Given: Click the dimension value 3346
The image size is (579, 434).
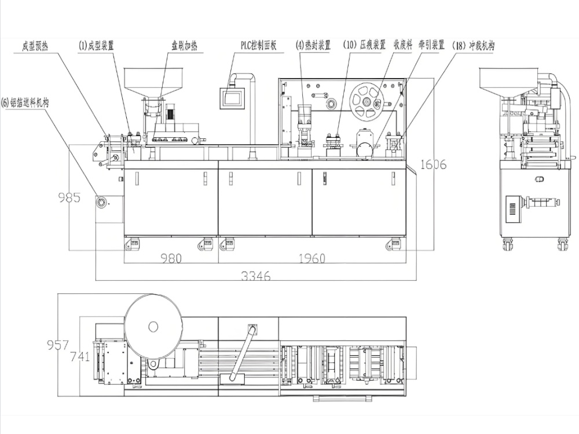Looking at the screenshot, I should tap(256, 276).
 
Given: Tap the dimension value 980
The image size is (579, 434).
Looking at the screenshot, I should tap(171, 259).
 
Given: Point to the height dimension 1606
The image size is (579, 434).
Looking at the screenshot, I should tap(433, 164).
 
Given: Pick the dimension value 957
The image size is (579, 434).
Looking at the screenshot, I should tap(57, 345).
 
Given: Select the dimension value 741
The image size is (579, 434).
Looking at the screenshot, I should tap(80, 356).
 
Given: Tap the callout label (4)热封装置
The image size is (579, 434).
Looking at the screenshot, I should tap(313, 45).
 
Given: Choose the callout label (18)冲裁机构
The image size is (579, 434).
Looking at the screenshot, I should tap(474, 45).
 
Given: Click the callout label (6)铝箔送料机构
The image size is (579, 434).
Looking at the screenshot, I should tap(25, 102).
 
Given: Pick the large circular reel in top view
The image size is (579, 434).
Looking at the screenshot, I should tap(153, 327).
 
